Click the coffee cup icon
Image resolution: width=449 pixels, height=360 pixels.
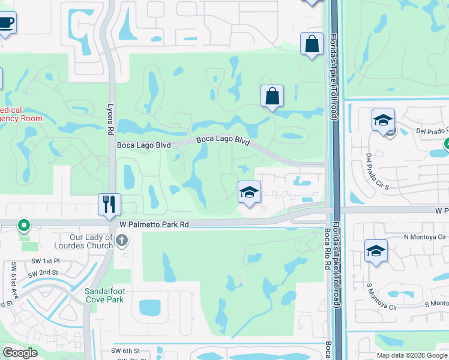pyautogui.click(x=6, y=23)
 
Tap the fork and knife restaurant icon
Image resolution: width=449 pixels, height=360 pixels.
pyautogui.click(x=110, y=204)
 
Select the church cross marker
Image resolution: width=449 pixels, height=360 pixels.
pyautogui.click(x=122, y=241)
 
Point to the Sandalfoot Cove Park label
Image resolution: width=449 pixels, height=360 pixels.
pyautogui.click(x=104, y=295)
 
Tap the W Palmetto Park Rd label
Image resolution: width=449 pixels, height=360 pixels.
pyautogui.click(x=154, y=224)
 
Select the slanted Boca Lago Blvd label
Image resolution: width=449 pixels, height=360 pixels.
pyautogui.click(x=223, y=140)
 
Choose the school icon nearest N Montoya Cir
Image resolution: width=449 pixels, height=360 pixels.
pyautogui.click(x=376, y=251)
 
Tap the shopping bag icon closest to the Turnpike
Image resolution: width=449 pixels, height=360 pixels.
pyautogui.click(x=312, y=44)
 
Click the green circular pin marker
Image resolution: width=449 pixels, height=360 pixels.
pyautogui.click(x=23, y=226)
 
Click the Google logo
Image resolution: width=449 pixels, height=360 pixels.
pyautogui.click(x=20, y=353)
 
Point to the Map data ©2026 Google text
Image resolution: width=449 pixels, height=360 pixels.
pyautogui.click(x=412, y=355)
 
